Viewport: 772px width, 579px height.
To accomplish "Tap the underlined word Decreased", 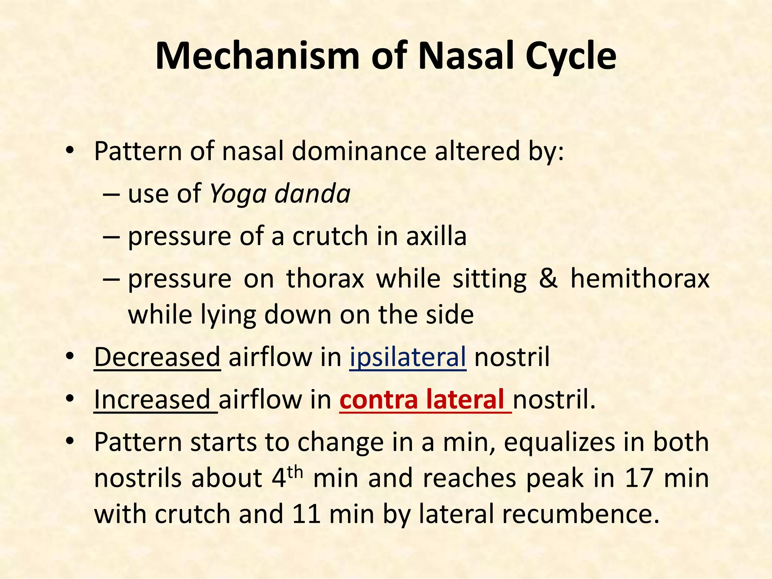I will coord(157,357).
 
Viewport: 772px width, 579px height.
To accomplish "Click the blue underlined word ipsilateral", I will coord(407,357).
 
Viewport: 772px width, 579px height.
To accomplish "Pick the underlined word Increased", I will coord(152,400).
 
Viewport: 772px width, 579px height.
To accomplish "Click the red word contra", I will coord(378,400).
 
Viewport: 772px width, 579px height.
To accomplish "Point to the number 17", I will coord(639,478).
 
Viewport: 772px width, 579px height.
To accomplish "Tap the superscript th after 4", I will coord(295,471).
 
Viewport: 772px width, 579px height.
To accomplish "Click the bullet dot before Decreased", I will coord(70,357).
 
